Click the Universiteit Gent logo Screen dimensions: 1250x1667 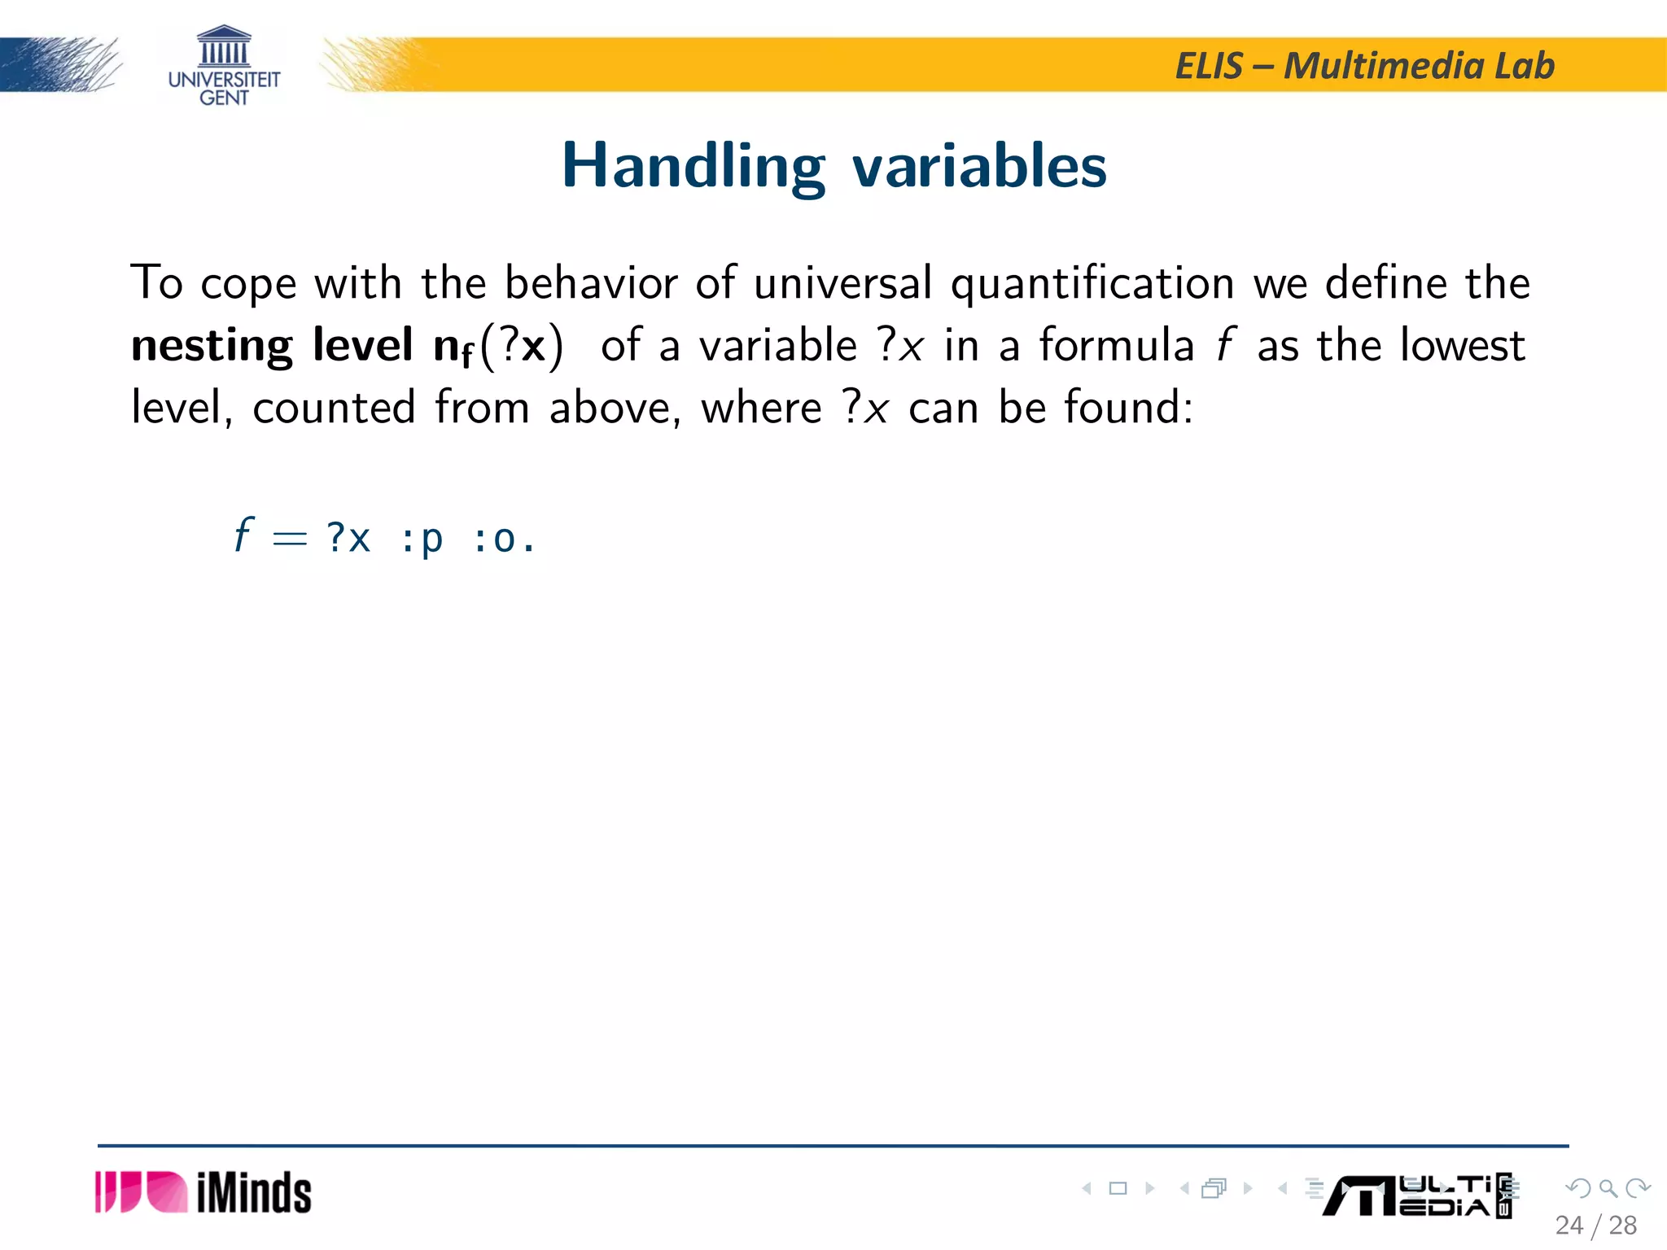point(224,66)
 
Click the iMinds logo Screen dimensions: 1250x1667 point(203,1192)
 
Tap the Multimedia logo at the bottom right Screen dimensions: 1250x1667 point(1416,1196)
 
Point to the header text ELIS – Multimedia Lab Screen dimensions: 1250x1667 point(1365,65)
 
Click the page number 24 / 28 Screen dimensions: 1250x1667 point(1595,1225)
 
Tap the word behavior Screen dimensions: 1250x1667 point(591,283)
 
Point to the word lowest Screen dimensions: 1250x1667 point(1462,345)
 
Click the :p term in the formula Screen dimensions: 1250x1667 point(422,540)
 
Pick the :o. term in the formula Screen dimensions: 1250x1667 point(503,539)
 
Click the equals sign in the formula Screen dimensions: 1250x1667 point(290,539)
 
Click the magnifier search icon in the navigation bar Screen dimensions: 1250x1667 point(1608,1188)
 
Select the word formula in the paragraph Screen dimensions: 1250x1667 point(1116,345)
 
